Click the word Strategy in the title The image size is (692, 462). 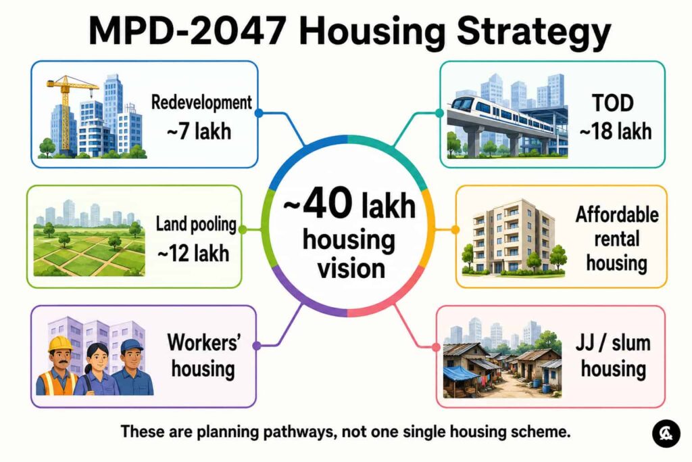(534, 32)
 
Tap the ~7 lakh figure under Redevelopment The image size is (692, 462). (199, 131)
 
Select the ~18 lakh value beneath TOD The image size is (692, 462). (615, 131)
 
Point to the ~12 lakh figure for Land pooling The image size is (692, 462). (193, 254)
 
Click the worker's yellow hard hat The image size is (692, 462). (60, 343)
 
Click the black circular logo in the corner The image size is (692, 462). (666, 434)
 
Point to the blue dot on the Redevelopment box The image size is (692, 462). (259, 113)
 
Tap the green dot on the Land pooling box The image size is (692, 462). (243, 230)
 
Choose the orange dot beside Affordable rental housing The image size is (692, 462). (455, 230)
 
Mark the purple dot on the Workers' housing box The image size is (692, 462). (256, 346)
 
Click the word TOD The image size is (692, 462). (613, 103)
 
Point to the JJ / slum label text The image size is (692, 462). (613, 343)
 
